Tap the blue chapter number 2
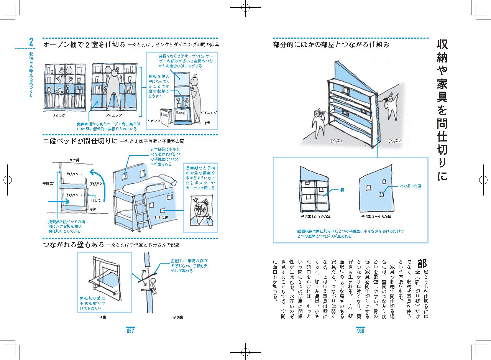tap(31, 42)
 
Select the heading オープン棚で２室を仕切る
tap(84, 45)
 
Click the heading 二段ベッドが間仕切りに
tap(80, 141)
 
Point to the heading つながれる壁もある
tap(73, 244)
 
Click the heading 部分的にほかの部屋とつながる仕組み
tap(331, 45)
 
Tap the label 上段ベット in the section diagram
tap(74, 173)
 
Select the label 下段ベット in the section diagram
tap(74, 195)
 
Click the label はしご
tap(95, 200)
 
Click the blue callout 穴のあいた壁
tap(410, 186)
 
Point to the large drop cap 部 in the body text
tap(422, 264)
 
